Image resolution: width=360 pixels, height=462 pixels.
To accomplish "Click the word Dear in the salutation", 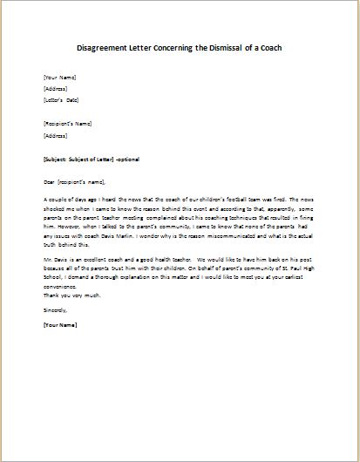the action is point(49,183).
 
